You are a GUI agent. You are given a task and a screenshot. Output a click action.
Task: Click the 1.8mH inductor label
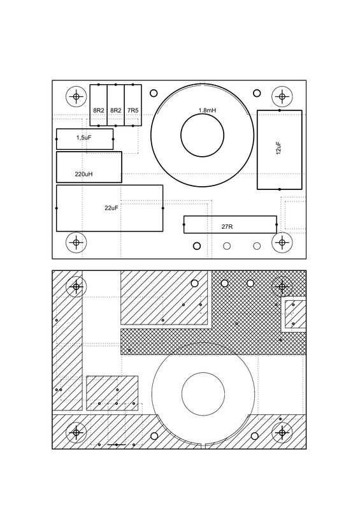pyautogui.click(x=206, y=111)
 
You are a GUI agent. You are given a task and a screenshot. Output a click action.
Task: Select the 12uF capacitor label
pyautogui.click(x=279, y=150)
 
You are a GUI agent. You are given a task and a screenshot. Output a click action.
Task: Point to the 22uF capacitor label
pyautogui.click(x=112, y=208)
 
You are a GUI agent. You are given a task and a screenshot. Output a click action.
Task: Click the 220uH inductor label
pyautogui.click(x=84, y=174)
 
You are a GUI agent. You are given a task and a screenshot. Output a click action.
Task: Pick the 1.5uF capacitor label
pyautogui.click(x=84, y=138)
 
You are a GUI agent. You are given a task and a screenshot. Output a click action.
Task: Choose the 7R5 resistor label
pyautogui.click(x=133, y=110)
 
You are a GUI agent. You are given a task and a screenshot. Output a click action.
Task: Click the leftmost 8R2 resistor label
pyautogui.click(x=99, y=110)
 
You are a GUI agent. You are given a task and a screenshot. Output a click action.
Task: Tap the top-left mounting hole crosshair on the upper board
pyautogui.click(x=76, y=97)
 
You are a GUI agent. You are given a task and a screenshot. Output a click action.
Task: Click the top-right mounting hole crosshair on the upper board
pyautogui.click(x=281, y=97)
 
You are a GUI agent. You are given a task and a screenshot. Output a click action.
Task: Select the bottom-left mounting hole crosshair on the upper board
pyautogui.click(x=76, y=242)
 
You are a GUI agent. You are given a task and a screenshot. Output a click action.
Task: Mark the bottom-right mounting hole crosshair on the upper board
pyautogui.click(x=281, y=242)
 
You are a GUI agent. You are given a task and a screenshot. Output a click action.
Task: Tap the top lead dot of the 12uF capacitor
pyautogui.click(x=279, y=111)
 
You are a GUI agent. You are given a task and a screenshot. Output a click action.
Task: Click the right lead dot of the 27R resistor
pyautogui.click(x=275, y=224)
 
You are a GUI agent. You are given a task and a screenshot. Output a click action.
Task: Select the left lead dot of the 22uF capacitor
pyautogui.click(x=57, y=208)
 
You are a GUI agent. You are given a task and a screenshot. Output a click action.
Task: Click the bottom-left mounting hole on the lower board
pyautogui.click(x=76, y=432)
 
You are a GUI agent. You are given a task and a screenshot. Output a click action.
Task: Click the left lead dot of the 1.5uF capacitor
pyautogui.click(x=58, y=138)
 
